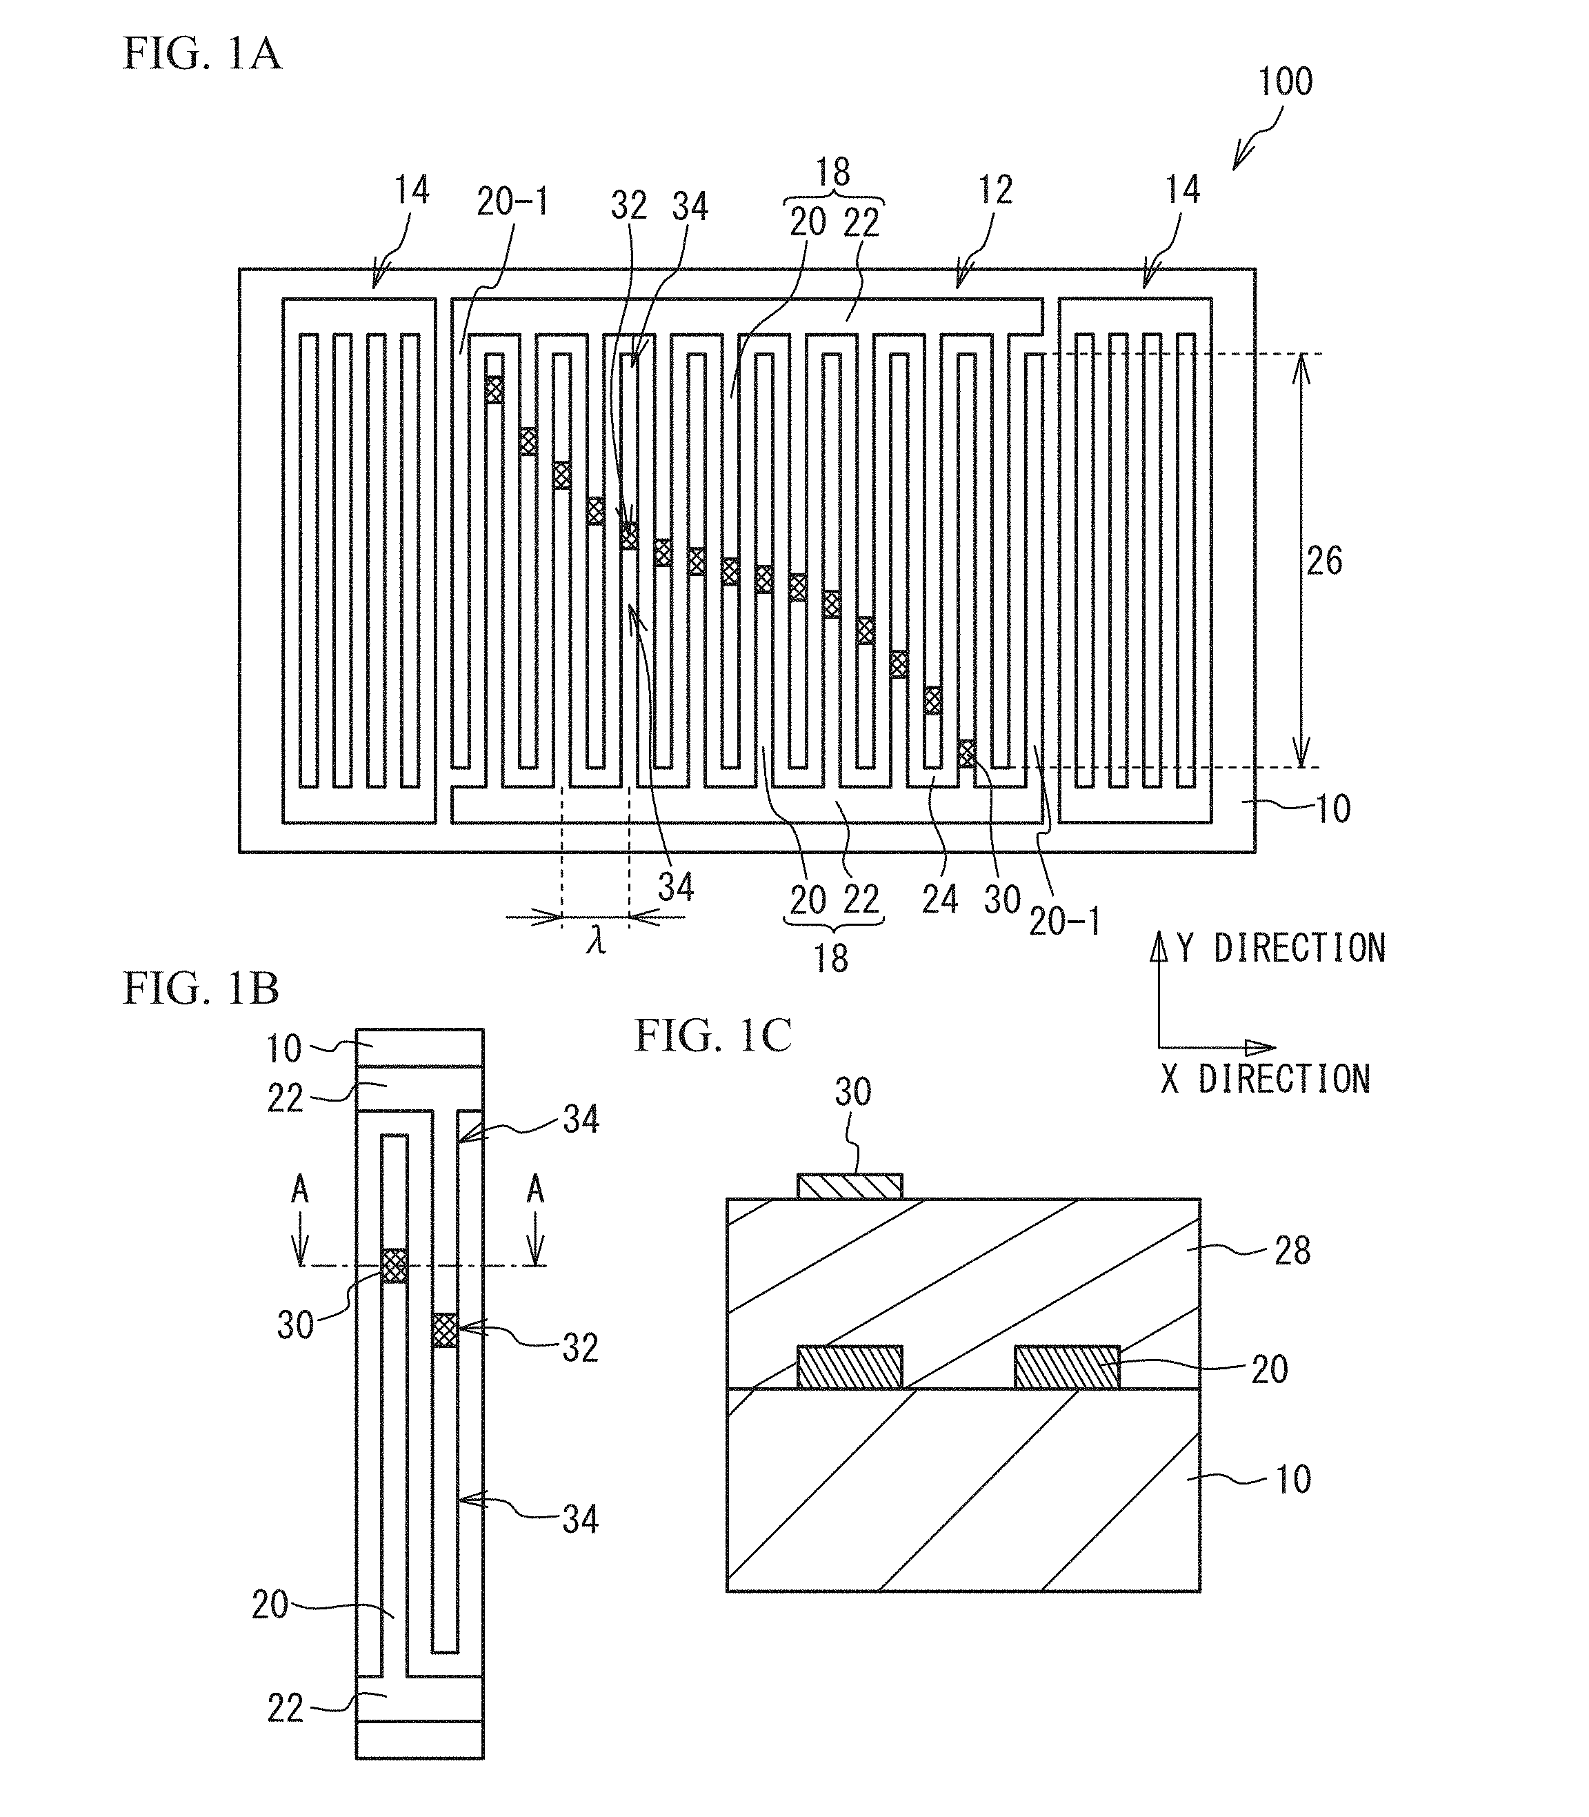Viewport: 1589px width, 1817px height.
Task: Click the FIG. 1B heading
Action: (201, 989)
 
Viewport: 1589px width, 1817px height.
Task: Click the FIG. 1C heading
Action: (713, 1035)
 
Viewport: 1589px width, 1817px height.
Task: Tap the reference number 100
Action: (1285, 83)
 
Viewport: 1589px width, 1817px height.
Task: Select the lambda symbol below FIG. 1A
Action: (596, 942)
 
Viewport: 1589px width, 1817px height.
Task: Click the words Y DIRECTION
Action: (1281, 949)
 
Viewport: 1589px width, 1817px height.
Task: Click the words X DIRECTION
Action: (1266, 1079)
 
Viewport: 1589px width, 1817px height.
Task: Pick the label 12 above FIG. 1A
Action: (995, 190)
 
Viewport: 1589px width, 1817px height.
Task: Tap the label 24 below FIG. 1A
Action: (940, 900)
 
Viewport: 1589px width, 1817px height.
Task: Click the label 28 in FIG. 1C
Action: (1292, 1251)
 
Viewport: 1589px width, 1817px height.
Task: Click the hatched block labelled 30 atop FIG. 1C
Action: (850, 1186)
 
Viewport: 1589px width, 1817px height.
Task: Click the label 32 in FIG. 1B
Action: (581, 1348)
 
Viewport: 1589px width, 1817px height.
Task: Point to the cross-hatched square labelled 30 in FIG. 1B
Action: (394, 1265)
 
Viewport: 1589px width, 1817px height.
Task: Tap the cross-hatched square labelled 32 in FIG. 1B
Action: (445, 1330)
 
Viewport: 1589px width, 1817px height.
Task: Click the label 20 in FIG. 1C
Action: (1269, 1369)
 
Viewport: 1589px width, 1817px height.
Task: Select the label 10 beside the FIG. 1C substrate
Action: (1292, 1479)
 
